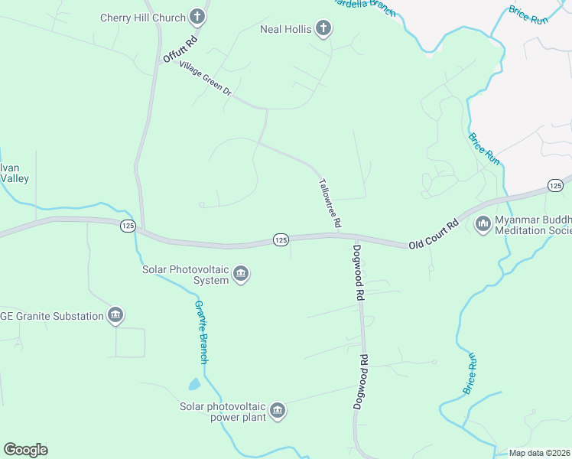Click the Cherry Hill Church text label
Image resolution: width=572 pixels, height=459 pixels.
coord(142,18)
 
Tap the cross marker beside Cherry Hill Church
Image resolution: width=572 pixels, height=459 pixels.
coord(198,17)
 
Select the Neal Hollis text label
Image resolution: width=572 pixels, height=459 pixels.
coord(285,30)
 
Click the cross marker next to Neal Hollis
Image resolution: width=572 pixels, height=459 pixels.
coord(323,29)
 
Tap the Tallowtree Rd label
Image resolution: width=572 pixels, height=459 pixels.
coord(329,203)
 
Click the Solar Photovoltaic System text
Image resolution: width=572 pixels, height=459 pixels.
coord(186,275)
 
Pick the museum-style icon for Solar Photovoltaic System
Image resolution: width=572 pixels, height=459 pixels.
coord(241,274)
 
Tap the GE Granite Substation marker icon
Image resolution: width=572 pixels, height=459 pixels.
coord(115,315)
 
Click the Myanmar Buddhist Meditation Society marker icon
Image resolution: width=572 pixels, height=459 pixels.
coord(483,224)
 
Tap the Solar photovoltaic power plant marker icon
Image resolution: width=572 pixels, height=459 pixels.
coord(278,411)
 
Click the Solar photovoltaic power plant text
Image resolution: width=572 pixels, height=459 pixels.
coord(223,412)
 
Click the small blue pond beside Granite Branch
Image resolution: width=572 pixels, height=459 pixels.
coord(194,384)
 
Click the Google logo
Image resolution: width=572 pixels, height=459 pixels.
coord(25,450)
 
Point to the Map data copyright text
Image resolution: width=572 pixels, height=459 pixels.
coord(539,453)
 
